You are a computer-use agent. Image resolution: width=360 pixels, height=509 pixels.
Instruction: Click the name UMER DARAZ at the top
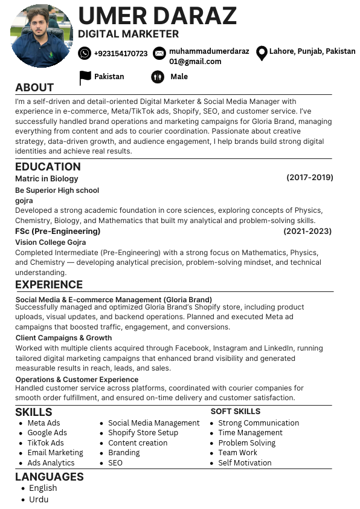tap(157, 15)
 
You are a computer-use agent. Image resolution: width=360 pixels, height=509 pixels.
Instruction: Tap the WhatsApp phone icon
tap(85, 53)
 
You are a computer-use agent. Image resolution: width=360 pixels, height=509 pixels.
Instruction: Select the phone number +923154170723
tap(121, 54)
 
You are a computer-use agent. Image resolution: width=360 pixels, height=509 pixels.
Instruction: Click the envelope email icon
tap(159, 53)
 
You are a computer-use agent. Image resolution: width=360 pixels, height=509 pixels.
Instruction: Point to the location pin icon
tap(262, 53)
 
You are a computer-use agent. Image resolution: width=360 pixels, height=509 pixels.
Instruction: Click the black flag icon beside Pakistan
tap(85, 77)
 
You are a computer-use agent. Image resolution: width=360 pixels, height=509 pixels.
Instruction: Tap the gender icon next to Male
tap(158, 77)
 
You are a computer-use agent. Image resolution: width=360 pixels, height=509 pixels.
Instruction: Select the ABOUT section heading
tap(34, 87)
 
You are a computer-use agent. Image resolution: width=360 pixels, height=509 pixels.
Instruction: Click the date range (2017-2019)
tap(309, 178)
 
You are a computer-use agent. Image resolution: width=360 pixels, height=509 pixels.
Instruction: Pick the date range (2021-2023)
tap(307, 231)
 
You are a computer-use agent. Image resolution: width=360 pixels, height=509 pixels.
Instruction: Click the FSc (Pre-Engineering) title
tap(58, 231)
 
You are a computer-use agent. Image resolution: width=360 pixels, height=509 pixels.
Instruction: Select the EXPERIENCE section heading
tap(49, 285)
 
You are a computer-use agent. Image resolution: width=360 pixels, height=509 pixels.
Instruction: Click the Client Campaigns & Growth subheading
tap(63, 338)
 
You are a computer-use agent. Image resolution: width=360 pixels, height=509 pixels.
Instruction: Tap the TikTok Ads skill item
tap(45, 443)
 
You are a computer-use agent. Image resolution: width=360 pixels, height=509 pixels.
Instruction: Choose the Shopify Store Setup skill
tap(143, 433)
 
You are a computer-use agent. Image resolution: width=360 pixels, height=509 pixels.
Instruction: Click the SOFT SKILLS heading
tap(235, 412)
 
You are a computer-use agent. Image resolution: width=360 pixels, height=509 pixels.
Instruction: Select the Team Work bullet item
tap(237, 453)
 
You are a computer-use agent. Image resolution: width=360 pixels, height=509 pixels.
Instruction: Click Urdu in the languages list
tap(39, 499)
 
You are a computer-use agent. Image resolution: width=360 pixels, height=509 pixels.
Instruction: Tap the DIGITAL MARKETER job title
tap(128, 34)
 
